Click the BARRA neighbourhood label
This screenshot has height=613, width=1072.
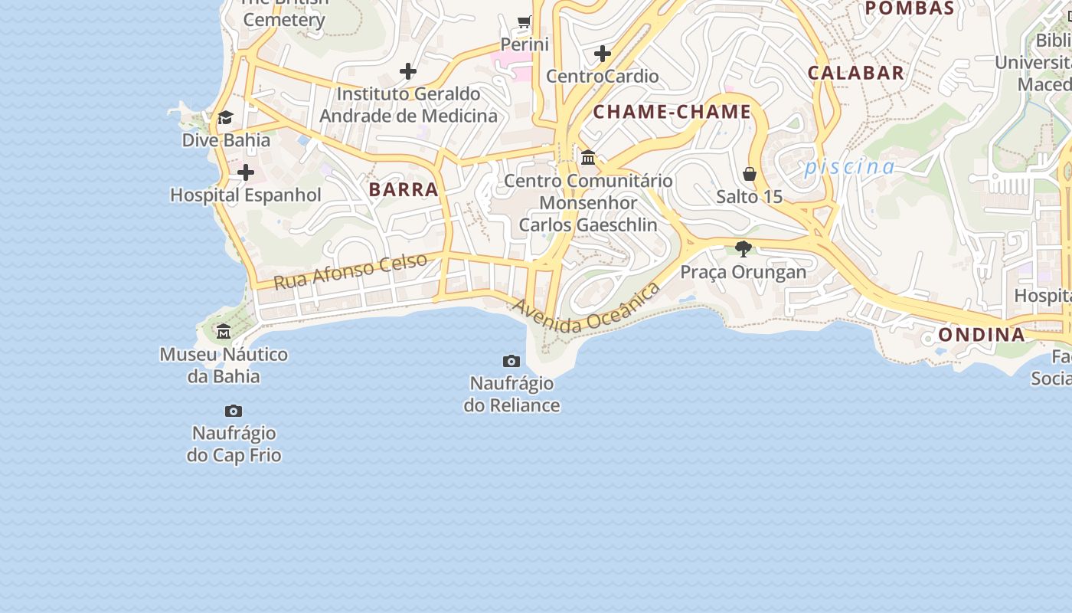(x=404, y=189)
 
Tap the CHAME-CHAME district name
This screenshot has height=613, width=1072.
(x=672, y=112)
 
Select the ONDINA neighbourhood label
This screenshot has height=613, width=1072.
(x=982, y=335)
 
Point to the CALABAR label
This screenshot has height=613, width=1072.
(x=856, y=73)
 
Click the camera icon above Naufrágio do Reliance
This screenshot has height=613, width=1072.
(x=511, y=361)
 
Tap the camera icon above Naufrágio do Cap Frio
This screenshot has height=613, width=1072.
(x=234, y=411)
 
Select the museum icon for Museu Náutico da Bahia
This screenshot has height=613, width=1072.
(x=224, y=332)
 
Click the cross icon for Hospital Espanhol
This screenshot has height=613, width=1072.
(x=246, y=172)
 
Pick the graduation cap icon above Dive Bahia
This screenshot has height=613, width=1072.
(x=225, y=117)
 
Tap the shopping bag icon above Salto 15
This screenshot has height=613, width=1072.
(x=750, y=175)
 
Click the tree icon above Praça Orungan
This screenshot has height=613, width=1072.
(x=743, y=249)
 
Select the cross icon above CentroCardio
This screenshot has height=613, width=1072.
(x=603, y=54)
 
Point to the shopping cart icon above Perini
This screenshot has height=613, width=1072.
(x=525, y=21)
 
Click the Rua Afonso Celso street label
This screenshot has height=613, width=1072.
(x=350, y=271)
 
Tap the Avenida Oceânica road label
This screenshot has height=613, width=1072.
(x=587, y=308)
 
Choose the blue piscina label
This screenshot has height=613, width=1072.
(x=849, y=167)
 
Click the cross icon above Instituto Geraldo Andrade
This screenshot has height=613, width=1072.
(x=408, y=71)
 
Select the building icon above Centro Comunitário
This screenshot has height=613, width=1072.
(x=588, y=158)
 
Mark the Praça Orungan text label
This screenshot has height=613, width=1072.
(x=744, y=272)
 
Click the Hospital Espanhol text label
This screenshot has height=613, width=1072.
(x=246, y=195)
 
